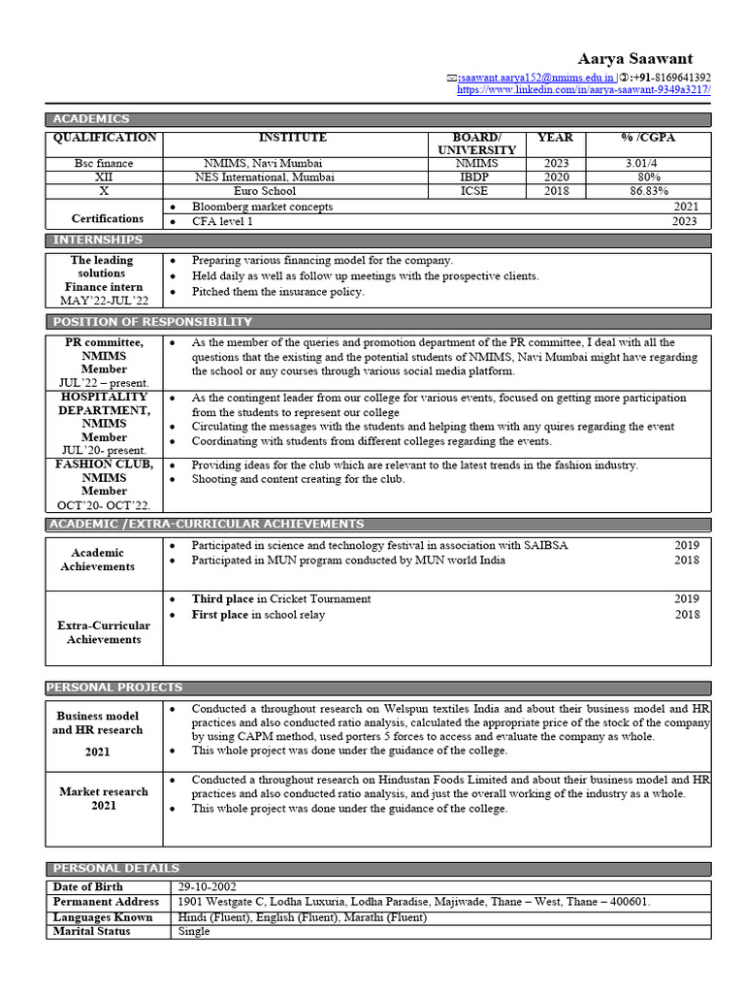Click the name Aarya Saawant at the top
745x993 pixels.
[635, 59]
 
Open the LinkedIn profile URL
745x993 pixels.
[584, 90]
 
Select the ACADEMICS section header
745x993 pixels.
[91, 119]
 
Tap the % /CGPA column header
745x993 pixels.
[648, 138]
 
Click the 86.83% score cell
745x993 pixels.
[648, 192]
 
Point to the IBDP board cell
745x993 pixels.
[476, 177]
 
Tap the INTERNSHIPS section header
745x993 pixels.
[97, 240]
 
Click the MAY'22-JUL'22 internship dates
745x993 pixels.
[104, 301]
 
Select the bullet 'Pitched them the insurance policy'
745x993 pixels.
[277, 291]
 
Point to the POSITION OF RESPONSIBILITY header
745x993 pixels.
[152, 321]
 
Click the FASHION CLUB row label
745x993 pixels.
[104, 464]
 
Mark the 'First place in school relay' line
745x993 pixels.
[258, 615]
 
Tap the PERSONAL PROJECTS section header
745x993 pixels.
[111, 688]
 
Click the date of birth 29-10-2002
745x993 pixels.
[207, 887]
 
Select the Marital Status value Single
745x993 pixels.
[194, 931]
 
